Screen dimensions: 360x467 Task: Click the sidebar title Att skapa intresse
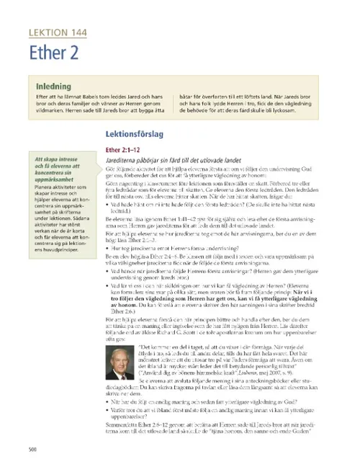55,169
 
